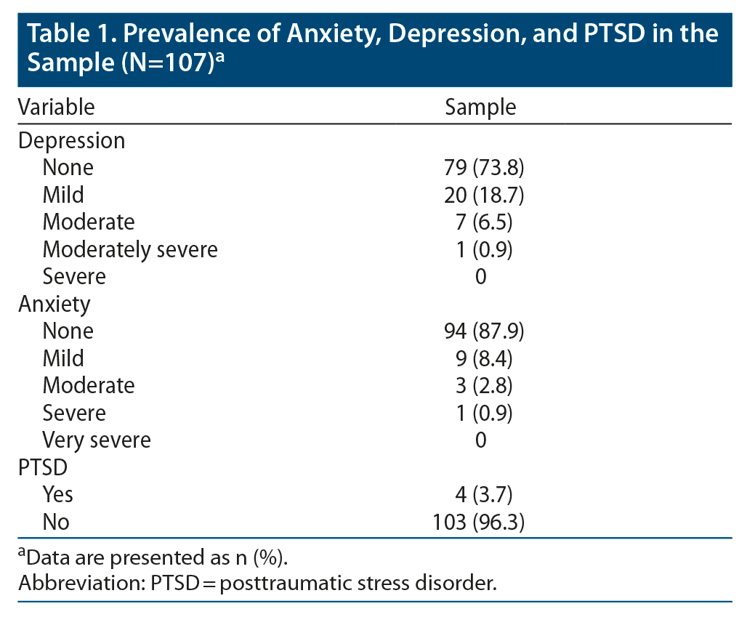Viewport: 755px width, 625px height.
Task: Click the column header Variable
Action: pos(56,108)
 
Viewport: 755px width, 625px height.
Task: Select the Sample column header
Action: pos(480,108)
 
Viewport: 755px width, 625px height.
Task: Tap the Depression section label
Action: pos(71,140)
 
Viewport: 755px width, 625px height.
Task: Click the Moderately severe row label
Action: pos(130,249)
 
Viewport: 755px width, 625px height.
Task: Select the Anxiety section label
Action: pos(54,304)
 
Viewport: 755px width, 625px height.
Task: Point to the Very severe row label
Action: pos(97,440)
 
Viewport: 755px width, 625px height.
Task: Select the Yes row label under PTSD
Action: pos(57,495)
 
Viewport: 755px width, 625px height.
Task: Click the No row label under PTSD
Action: pos(56,522)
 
